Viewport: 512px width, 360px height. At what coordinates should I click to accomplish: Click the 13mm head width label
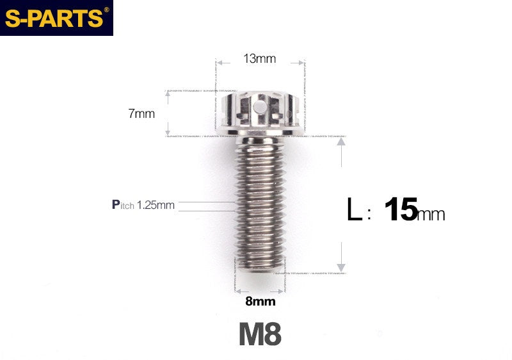[259, 59]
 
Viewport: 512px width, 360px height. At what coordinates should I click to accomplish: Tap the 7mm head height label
[141, 114]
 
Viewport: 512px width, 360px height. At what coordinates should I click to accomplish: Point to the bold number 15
[401, 210]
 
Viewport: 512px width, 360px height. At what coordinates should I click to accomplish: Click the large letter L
[354, 210]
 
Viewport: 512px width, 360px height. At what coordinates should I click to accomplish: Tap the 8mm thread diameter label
[260, 301]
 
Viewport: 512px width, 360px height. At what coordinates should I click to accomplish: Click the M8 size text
[260, 334]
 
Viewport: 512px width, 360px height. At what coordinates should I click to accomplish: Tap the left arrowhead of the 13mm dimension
[220, 63]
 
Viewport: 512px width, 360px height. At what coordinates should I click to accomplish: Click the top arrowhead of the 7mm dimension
[168, 94]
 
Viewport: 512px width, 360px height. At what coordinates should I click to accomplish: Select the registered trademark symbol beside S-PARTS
[106, 10]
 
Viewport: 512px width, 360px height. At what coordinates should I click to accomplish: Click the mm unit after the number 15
[431, 215]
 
